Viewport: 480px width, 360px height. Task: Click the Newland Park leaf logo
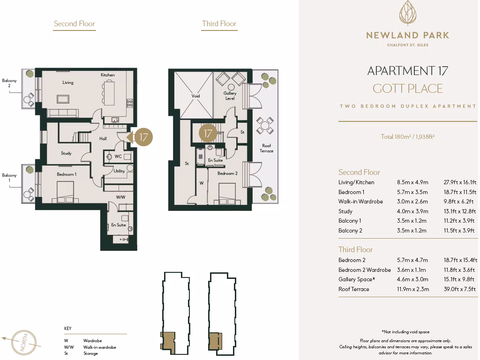click(407, 13)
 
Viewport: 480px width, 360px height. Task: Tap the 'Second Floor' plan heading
click(74, 24)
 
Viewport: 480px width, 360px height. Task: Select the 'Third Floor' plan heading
click(219, 24)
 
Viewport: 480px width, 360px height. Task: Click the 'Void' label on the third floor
click(195, 96)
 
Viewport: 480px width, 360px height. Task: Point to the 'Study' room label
click(66, 153)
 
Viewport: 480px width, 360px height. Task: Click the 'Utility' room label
click(119, 171)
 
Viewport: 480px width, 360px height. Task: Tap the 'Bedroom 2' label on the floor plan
click(227, 173)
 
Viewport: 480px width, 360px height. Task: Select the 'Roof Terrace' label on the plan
click(266, 148)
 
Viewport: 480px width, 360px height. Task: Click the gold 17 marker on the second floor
click(143, 137)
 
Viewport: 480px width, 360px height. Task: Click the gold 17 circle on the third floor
click(208, 133)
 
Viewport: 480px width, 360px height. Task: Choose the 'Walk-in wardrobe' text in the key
click(99, 347)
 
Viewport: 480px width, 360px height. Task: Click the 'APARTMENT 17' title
click(407, 71)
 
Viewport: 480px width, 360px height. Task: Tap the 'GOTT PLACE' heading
click(407, 88)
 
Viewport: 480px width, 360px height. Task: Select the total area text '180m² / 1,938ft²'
click(407, 137)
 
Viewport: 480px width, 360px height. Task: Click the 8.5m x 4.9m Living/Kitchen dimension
click(412, 182)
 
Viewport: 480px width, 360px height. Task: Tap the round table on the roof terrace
click(265, 125)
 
